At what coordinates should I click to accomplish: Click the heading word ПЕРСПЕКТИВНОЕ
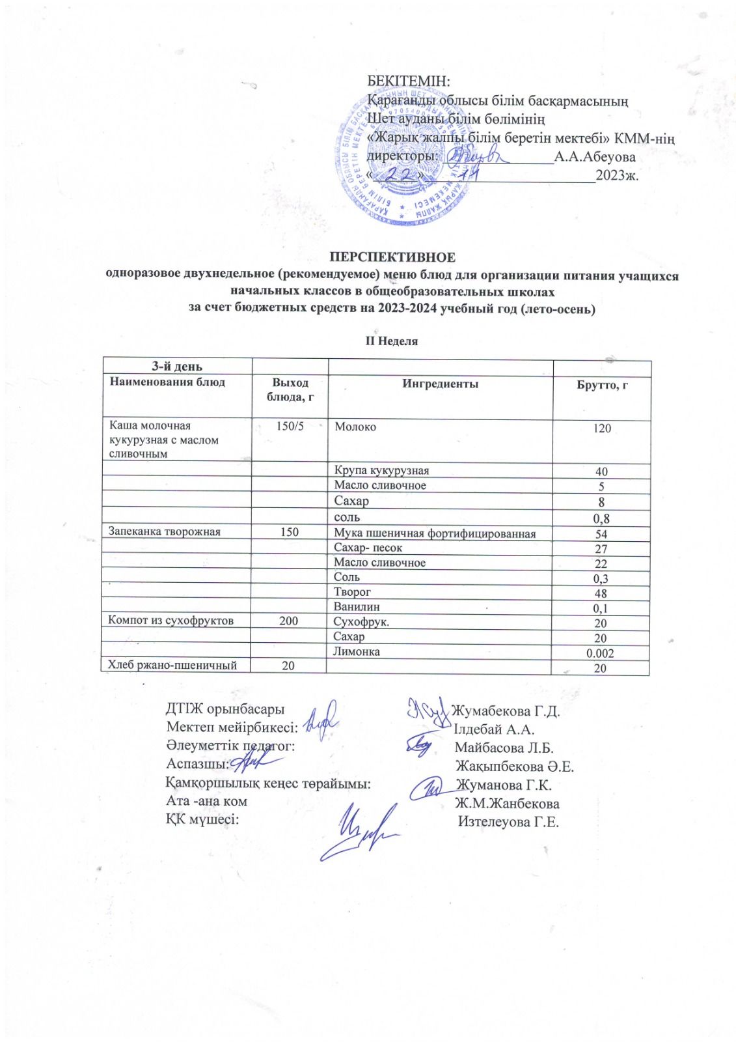[x=392, y=257]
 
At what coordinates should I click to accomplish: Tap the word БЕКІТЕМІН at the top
[x=409, y=81]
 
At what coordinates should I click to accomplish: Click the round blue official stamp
[x=403, y=163]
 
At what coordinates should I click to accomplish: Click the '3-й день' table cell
[x=177, y=367]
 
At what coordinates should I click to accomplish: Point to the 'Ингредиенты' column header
[x=440, y=384]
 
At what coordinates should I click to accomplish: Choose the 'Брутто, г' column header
[x=602, y=385]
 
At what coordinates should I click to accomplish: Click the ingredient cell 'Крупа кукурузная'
[x=381, y=470]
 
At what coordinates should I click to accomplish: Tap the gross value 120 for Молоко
[x=602, y=428]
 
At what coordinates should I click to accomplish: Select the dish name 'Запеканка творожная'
[x=165, y=531]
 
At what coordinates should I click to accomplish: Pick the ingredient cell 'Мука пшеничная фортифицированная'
[x=435, y=533]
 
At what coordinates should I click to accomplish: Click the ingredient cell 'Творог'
[x=352, y=591]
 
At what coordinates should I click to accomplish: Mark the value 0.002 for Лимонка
[x=600, y=653]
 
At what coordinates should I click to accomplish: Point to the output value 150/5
[x=290, y=426]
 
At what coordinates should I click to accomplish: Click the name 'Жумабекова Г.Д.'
[x=506, y=711]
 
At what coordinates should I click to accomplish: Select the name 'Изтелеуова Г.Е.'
[x=508, y=821]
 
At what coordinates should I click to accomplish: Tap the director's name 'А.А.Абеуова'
[x=595, y=156]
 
